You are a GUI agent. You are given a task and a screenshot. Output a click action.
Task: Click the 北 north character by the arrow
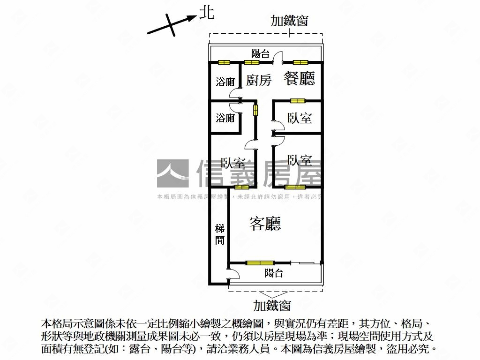[x=207, y=13]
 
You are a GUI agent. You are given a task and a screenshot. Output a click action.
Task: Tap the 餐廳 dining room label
[x=299, y=78]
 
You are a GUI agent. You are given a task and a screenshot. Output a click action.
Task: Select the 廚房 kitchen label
[x=259, y=80]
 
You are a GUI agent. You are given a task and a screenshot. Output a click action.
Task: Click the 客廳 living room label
[x=265, y=224]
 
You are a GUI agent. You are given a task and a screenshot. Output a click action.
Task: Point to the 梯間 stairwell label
[x=219, y=234]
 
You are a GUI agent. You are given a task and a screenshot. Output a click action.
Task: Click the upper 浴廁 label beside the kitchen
[x=225, y=82]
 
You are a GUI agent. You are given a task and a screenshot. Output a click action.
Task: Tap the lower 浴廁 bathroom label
[x=225, y=118]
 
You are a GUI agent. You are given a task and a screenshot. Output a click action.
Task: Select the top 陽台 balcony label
[x=261, y=54]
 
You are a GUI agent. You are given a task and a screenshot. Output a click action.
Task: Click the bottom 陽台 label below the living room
[x=274, y=273]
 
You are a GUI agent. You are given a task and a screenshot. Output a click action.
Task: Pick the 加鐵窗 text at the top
[x=289, y=21]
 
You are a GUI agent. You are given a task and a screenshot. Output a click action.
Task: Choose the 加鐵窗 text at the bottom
[x=272, y=306]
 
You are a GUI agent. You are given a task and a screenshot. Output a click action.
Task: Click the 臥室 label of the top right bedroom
[x=300, y=118]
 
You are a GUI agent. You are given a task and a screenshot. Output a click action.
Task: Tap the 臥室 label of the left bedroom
[x=233, y=164]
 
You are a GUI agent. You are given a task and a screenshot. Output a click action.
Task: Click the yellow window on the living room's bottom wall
[x=260, y=262]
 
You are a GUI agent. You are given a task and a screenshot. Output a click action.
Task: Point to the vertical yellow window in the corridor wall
[x=256, y=110]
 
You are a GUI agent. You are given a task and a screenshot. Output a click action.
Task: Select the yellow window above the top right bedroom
[x=297, y=100]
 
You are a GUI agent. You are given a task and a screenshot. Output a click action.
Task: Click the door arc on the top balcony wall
[x=277, y=58]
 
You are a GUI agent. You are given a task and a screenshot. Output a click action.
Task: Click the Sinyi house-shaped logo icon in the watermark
[x=172, y=173]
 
